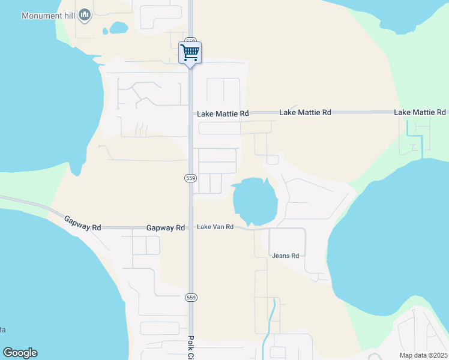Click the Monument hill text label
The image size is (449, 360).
click(x=48, y=16)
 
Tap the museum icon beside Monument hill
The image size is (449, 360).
click(x=85, y=14)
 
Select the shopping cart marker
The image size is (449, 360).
click(x=190, y=53)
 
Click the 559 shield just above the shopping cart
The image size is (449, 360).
click(x=190, y=40)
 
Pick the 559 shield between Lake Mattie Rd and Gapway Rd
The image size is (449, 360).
click(x=190, y=178)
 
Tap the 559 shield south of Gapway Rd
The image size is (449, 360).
click(x=190, y=297)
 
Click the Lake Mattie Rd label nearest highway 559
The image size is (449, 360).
click(x=223, y=113)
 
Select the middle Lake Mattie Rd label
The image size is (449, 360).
click(x=306, y=112)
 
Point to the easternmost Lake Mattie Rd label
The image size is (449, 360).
click(x=420, y=112)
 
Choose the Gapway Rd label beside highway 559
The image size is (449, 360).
click(x=165, y=228)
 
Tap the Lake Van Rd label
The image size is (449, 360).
click(x=215, y=227)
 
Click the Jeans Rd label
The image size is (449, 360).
click(x=285, y=256)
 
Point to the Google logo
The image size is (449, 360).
click(x=20, y=353)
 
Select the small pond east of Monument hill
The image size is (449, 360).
click(x=118, y=28)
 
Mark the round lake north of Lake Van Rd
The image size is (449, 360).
click(x=254, y=200)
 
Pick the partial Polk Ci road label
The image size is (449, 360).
click(x=191, y=347)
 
